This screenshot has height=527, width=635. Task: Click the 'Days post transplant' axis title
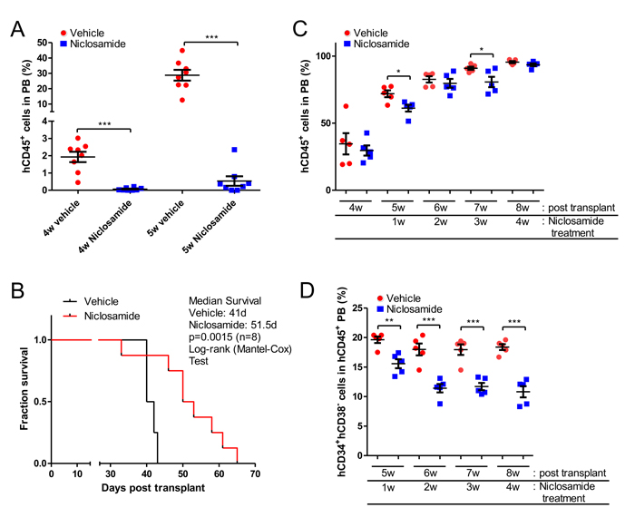[x=146, y=489]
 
